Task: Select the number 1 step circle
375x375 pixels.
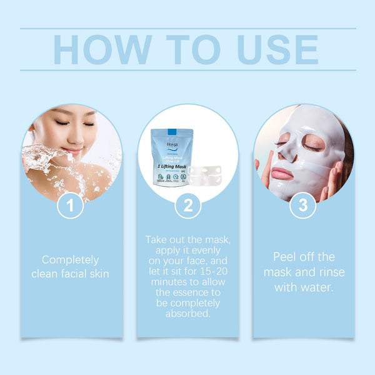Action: pyautogui.click(x=70, y=206)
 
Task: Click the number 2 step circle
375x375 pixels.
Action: pyautogui.click(x=187, y=206)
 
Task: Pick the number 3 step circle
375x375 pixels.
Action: pyautogui.click(x=303, y=206)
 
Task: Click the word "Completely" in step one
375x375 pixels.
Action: pyautogui.click(x=70, y=259)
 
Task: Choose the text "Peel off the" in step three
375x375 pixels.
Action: pyautogui.click(x=304, y=257)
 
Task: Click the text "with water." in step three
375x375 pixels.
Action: pyautogui.click(x=304, y=287)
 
